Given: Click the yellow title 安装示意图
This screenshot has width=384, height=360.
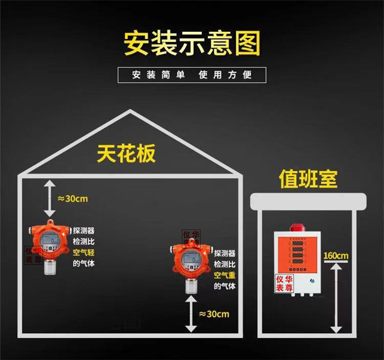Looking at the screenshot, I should [191, 42].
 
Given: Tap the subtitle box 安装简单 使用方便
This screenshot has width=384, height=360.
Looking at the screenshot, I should [192, 75].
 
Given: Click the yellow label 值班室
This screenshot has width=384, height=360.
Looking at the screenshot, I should [308, 179].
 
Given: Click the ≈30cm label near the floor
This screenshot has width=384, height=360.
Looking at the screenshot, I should [214, 314].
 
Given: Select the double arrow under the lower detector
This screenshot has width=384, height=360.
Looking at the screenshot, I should [190, 313].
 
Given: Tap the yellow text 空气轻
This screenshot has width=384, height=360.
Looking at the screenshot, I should [84, 252].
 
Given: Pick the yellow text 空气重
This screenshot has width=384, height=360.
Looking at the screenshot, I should [224, 275].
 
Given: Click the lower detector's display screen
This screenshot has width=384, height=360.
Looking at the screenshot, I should [190, 257].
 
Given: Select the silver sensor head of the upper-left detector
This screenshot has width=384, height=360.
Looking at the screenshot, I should [50, 267].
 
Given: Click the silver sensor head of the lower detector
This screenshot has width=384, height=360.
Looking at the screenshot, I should [191, 286].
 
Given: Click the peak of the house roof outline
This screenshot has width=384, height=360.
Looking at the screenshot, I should [130, 111].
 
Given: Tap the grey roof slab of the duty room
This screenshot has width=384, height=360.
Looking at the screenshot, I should [307, 201].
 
